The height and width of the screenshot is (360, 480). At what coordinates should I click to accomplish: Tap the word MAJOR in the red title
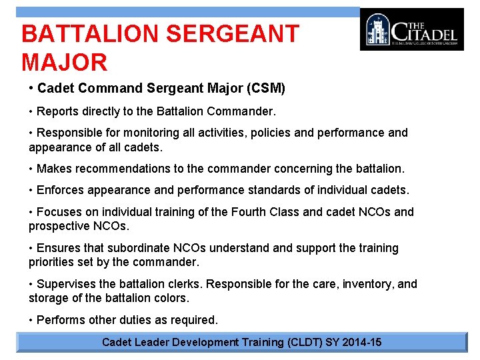[x=64, y=63]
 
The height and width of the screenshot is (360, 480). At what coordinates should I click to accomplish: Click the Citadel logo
[x=411, y=29]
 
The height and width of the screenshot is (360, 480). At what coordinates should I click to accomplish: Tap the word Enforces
[x=59, y=190]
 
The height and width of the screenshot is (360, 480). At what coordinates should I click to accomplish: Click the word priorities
[x=51, y=262]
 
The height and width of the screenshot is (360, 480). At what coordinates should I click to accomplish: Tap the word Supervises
[x=66, y=284]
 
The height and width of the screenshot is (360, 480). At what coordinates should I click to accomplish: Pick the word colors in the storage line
[x=172, y=298]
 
